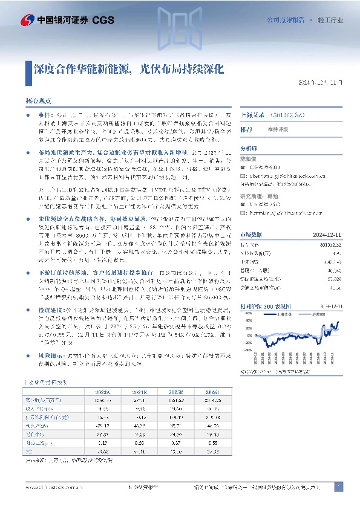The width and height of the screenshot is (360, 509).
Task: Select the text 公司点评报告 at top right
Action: point(286,20)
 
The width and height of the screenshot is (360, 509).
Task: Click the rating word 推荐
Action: point(246,130)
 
